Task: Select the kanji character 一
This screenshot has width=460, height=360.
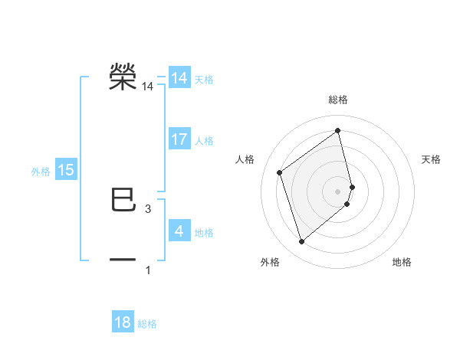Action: [123, 260]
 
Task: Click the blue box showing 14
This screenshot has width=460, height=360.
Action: [179, 78]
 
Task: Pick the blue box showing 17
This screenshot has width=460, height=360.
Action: [179, 139]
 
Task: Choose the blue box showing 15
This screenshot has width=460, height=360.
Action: [66, 170]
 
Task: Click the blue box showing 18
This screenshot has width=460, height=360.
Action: [123, 322]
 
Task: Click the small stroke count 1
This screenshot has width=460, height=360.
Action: [147, 270]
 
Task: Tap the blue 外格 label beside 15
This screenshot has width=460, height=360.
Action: [41, 172]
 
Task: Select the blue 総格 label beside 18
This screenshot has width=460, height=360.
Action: [147, 324]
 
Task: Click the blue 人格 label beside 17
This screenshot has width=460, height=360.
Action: [204, 141]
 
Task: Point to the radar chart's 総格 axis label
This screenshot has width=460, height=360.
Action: [338, 100]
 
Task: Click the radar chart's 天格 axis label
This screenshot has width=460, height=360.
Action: [431, 159]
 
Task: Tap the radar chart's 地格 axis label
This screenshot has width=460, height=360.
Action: [402, 263]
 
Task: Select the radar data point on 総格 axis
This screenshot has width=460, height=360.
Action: [338, 130]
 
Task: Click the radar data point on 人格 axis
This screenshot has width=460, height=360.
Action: [280, 172]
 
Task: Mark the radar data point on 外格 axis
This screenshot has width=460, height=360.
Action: [301, 242]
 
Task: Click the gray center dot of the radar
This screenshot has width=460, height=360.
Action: [338, 191]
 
